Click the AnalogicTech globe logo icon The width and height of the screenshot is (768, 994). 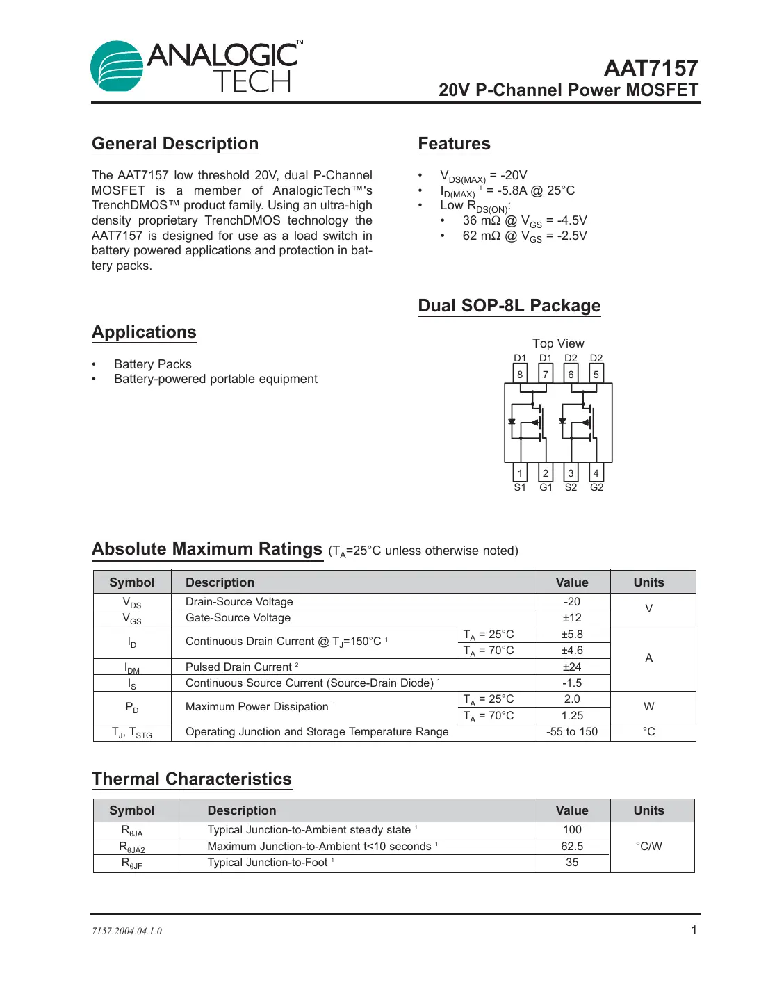pos(117,66)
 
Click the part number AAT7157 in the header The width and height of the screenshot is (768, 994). pos(651,68)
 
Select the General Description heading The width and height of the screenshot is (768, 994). pos(175,144)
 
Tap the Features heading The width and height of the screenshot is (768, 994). pos(454,144)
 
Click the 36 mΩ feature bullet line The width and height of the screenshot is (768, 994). pos(524,221)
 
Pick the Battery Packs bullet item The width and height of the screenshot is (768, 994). pos(152,364)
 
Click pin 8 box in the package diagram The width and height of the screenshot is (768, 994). pos(520,375)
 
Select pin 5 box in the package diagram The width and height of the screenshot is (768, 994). pos(596,375)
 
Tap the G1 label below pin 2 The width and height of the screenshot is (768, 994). pos(546,487)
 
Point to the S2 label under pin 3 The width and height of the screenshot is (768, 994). pos(571,487)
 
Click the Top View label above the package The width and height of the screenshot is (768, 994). pos(558,343)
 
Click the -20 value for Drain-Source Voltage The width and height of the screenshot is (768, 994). pos(571,602)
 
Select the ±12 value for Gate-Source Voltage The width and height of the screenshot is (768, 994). pos(571,618)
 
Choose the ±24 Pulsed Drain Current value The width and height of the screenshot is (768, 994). pos(571,667)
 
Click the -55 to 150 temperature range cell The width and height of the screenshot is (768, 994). pos(571,732)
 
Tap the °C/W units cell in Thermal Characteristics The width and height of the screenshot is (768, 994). pos(648,846)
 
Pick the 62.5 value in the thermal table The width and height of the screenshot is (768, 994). pos(571,847)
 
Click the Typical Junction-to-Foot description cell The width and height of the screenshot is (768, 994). pos(268,863)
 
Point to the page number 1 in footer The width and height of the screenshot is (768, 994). pos(693,930)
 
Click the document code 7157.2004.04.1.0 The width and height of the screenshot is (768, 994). pos(126,931)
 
